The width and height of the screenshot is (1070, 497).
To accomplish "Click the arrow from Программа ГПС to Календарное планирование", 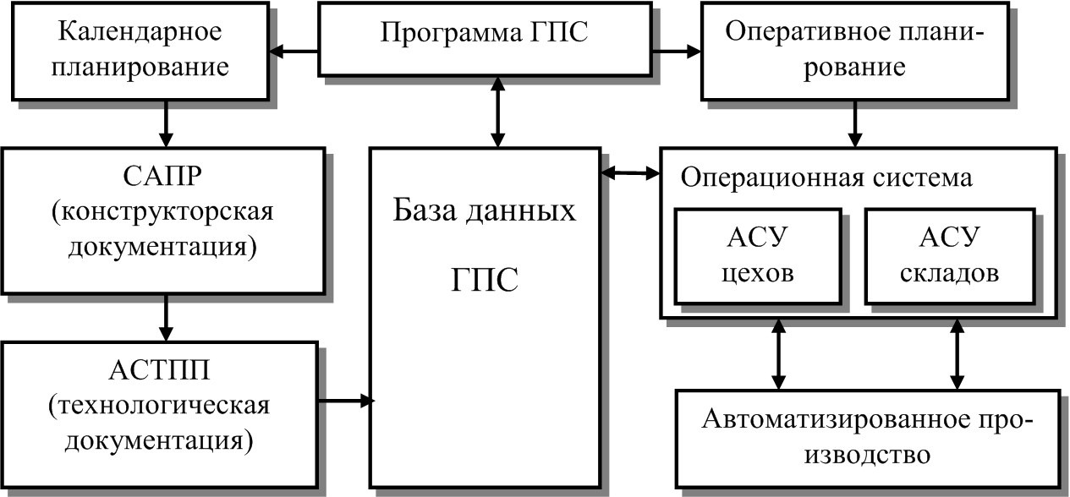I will [299, 53].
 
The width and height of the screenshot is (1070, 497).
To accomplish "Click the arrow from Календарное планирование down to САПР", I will [165, 123].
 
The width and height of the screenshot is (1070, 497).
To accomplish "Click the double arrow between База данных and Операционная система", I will [629, 173].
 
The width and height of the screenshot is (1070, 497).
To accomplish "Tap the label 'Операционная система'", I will [826, 178].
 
